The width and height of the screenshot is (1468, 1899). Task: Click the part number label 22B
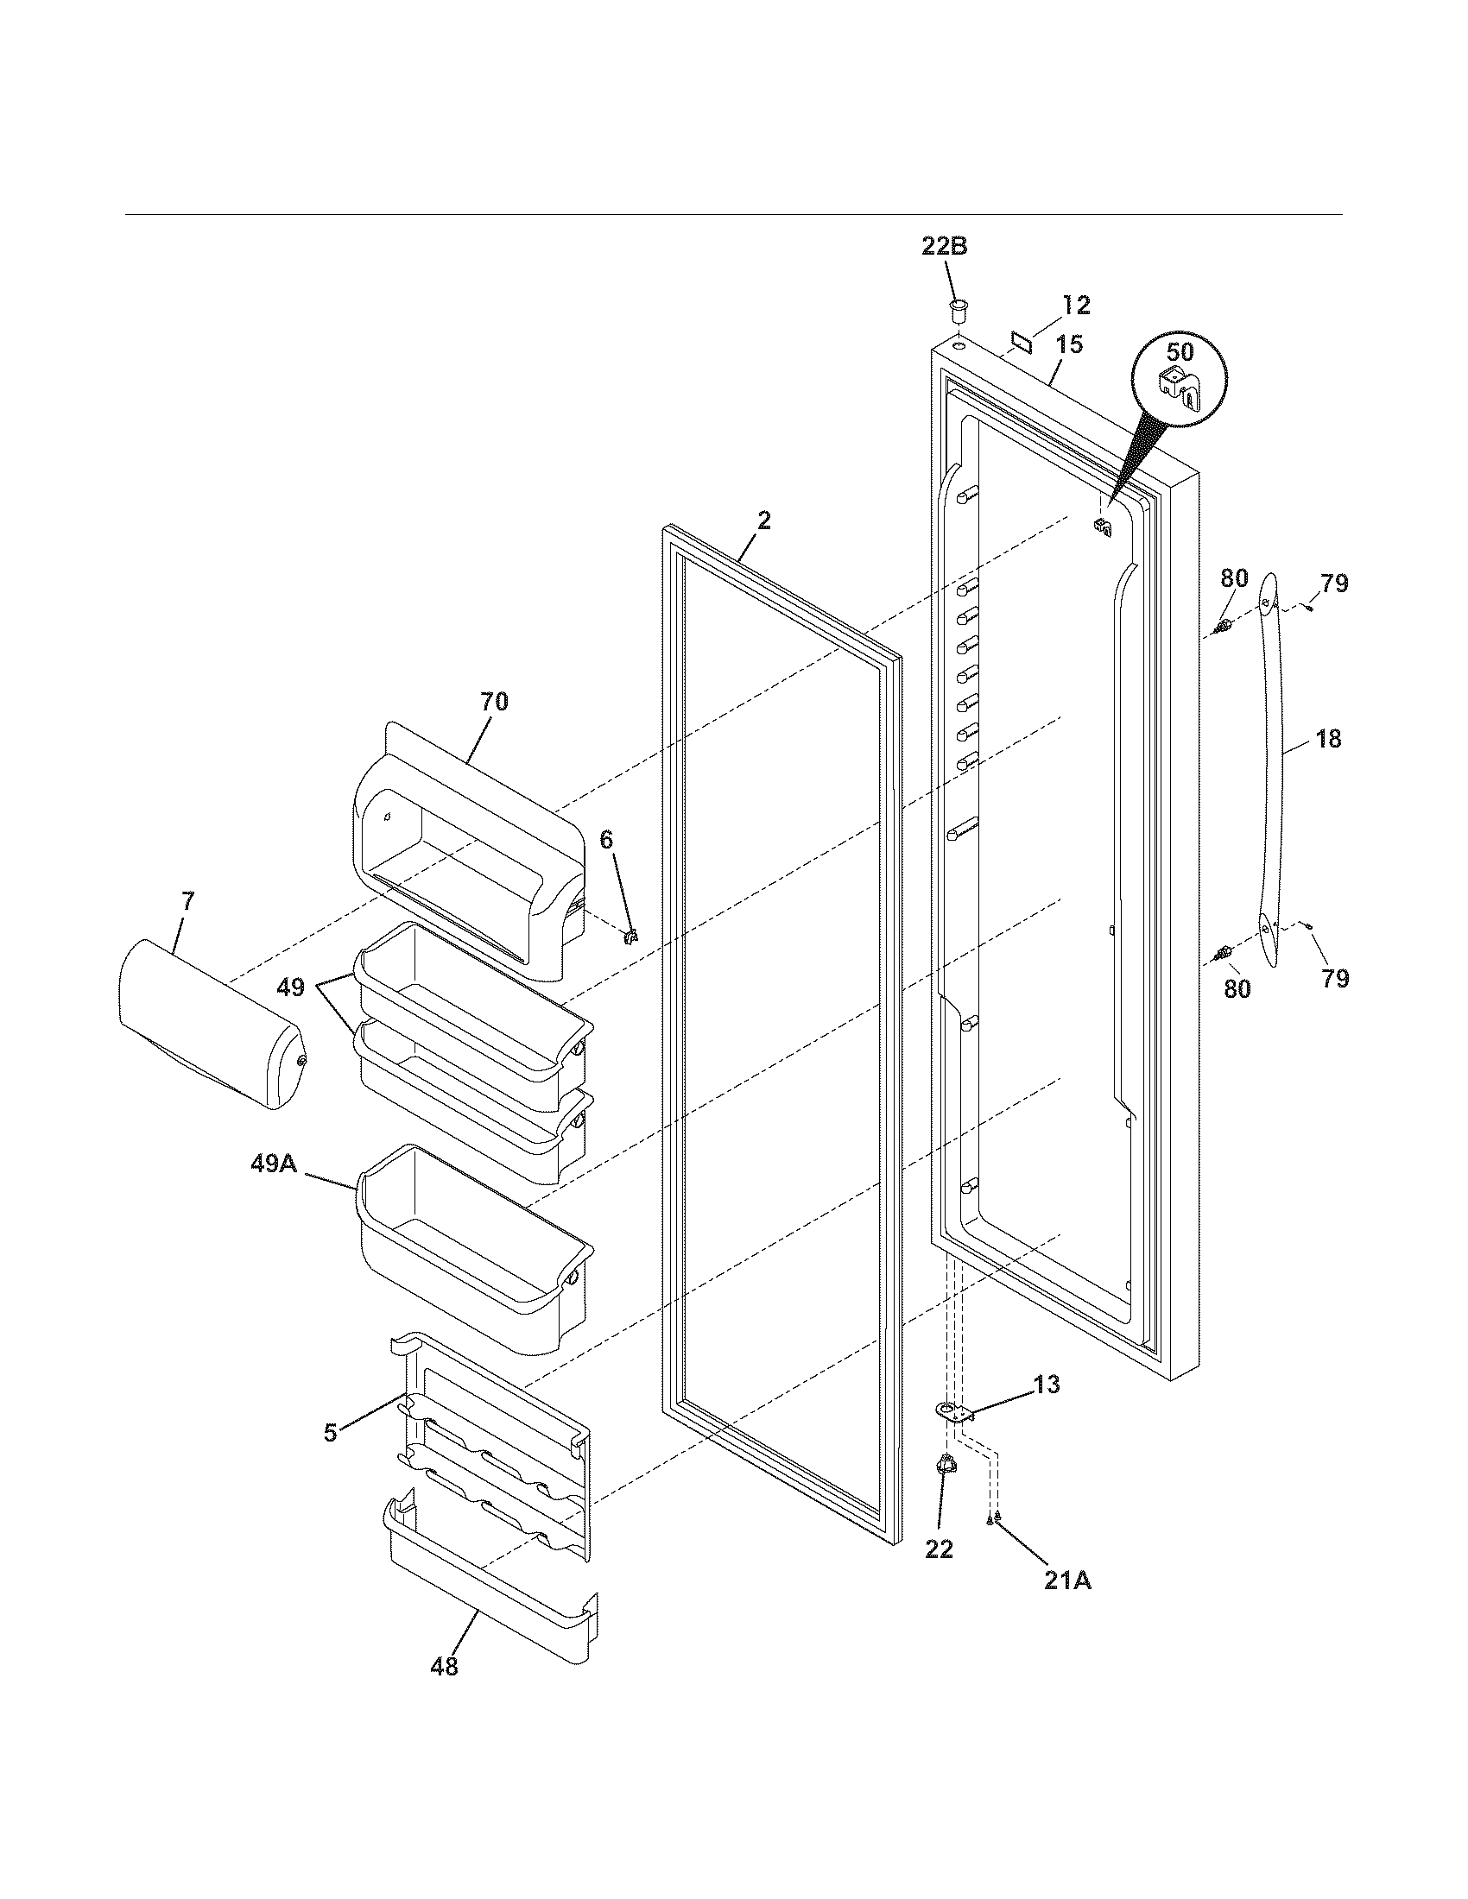point(945,246)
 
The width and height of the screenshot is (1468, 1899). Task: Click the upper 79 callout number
point(1334,584)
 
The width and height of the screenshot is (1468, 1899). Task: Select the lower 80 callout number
point(1237,988)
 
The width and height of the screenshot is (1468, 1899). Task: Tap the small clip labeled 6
point(632,936)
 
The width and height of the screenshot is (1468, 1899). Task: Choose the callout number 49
point(291,987)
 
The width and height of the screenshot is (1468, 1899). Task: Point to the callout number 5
point(331,1433)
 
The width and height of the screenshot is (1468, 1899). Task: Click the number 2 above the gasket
point(763,520)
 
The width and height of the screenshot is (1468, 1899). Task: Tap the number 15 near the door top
point(1070,345)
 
